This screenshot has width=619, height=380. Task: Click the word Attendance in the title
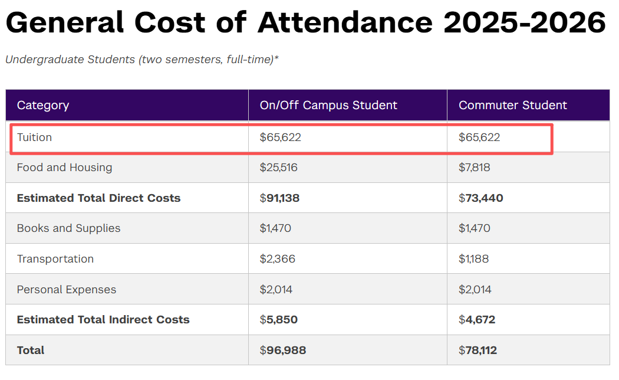[345, 22]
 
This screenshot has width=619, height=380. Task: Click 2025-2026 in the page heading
[524, 22]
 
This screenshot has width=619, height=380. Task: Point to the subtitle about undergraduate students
[141, 60]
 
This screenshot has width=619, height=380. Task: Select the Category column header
[43, 105]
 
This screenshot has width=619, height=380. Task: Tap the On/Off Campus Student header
[328, 105]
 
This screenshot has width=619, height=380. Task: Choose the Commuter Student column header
[512, 105]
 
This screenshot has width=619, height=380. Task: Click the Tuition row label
[35, 137]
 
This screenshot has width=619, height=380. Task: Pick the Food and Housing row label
[64, 168]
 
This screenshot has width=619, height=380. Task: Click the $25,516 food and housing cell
[279, 168]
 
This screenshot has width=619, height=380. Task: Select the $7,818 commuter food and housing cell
[475, 168]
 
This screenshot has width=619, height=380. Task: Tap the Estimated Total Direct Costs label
[98, 198]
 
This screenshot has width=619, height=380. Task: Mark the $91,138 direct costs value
[279, 198]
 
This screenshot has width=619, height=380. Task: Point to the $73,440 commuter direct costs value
[480, 198]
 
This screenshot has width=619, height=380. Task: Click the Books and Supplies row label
[68, 228]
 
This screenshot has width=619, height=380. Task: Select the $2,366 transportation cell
[278, 259]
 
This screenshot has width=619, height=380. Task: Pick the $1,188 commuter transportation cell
[474, 259]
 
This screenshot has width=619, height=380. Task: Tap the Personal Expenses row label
[67, 290]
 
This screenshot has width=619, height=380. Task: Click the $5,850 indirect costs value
[279, 320]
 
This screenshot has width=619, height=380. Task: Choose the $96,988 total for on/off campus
[283, 350]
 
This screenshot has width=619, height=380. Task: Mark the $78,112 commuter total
[478, 350]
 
